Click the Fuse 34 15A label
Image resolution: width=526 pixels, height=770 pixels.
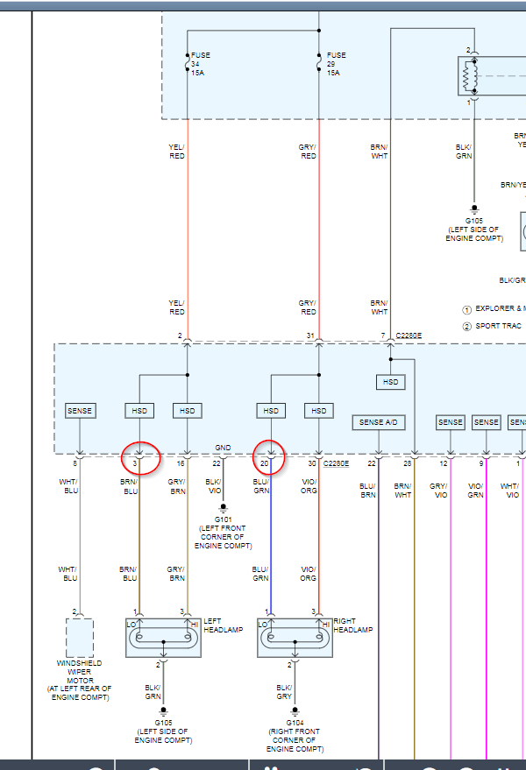201,63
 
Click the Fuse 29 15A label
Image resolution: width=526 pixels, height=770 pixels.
334,63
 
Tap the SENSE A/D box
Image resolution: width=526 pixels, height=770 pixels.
378,423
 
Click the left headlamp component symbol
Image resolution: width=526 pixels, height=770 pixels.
163,637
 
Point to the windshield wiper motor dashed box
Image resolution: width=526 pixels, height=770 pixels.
80,637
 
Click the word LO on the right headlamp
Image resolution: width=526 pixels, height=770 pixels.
265,623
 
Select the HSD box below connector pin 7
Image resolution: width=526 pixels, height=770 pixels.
390,382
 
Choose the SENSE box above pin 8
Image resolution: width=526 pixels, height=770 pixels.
80,411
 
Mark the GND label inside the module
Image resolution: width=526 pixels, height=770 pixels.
223,448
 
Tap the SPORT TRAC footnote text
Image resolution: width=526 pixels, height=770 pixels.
498,326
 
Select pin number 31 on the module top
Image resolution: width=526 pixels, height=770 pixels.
310,336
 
